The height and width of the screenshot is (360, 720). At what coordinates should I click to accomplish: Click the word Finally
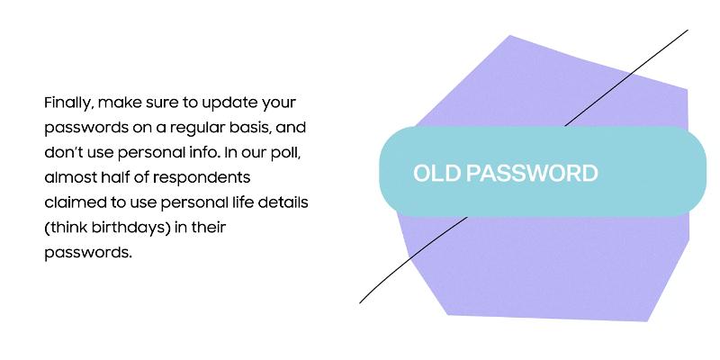click(68, 103)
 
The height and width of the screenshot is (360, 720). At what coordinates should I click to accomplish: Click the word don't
click(62, 152)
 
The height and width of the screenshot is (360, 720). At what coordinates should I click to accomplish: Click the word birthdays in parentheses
click(128, 228)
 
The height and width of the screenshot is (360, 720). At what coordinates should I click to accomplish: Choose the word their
click(204, 228)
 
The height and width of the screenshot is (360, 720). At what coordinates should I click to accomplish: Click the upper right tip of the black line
click(688, 31)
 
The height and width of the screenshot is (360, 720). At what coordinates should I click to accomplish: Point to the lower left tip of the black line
click(361, 301)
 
